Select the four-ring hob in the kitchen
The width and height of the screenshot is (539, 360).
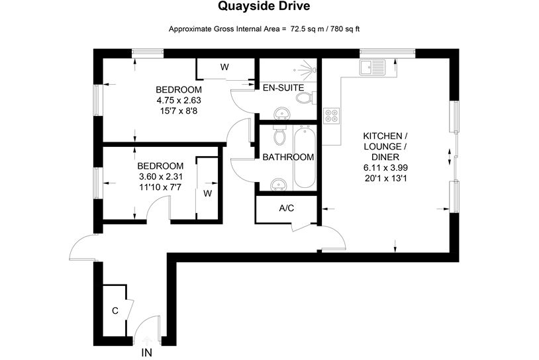coord(331,116)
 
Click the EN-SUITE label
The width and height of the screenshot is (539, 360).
coord(283,87)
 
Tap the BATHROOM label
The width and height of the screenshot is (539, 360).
coord(287,157)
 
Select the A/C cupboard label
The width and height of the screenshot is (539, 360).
coord(287,208)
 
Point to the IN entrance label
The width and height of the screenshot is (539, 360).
coord(146,353)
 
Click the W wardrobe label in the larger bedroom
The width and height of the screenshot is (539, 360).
coord(224,67)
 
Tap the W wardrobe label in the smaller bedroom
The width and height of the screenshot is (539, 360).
coord(207,194)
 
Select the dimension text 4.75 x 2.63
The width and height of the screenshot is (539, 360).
coord(178,101)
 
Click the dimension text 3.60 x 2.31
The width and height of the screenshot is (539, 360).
coord(160,177)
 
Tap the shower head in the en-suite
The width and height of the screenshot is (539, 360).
coord(307,67)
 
